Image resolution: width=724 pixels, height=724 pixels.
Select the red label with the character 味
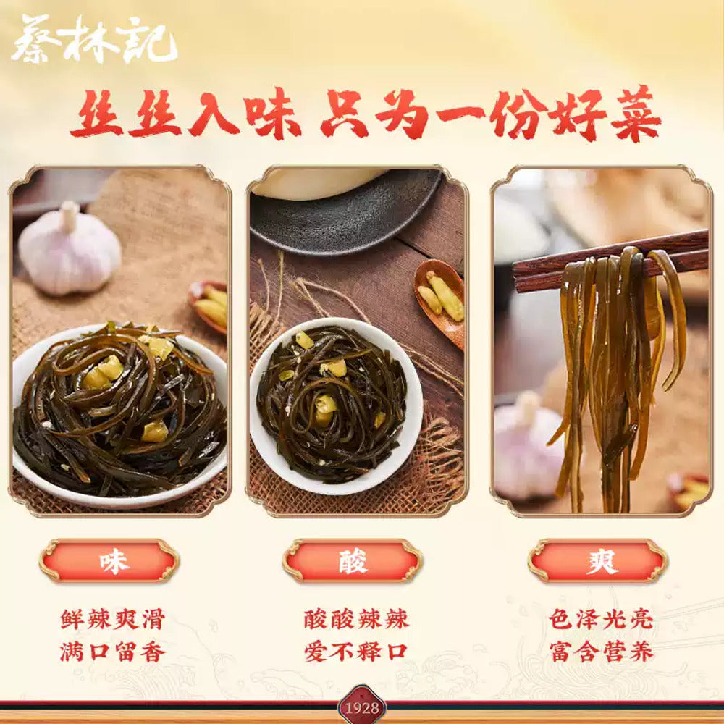109,561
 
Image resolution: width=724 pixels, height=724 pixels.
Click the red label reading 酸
353,561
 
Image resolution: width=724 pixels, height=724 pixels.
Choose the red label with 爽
598,561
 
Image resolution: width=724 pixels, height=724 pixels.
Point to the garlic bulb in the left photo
69,250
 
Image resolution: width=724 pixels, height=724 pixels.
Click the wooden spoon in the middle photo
440,297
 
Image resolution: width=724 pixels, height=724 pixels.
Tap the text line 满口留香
112,651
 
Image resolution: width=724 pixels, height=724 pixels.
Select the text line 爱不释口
356,651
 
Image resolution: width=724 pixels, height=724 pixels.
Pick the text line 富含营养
601,651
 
